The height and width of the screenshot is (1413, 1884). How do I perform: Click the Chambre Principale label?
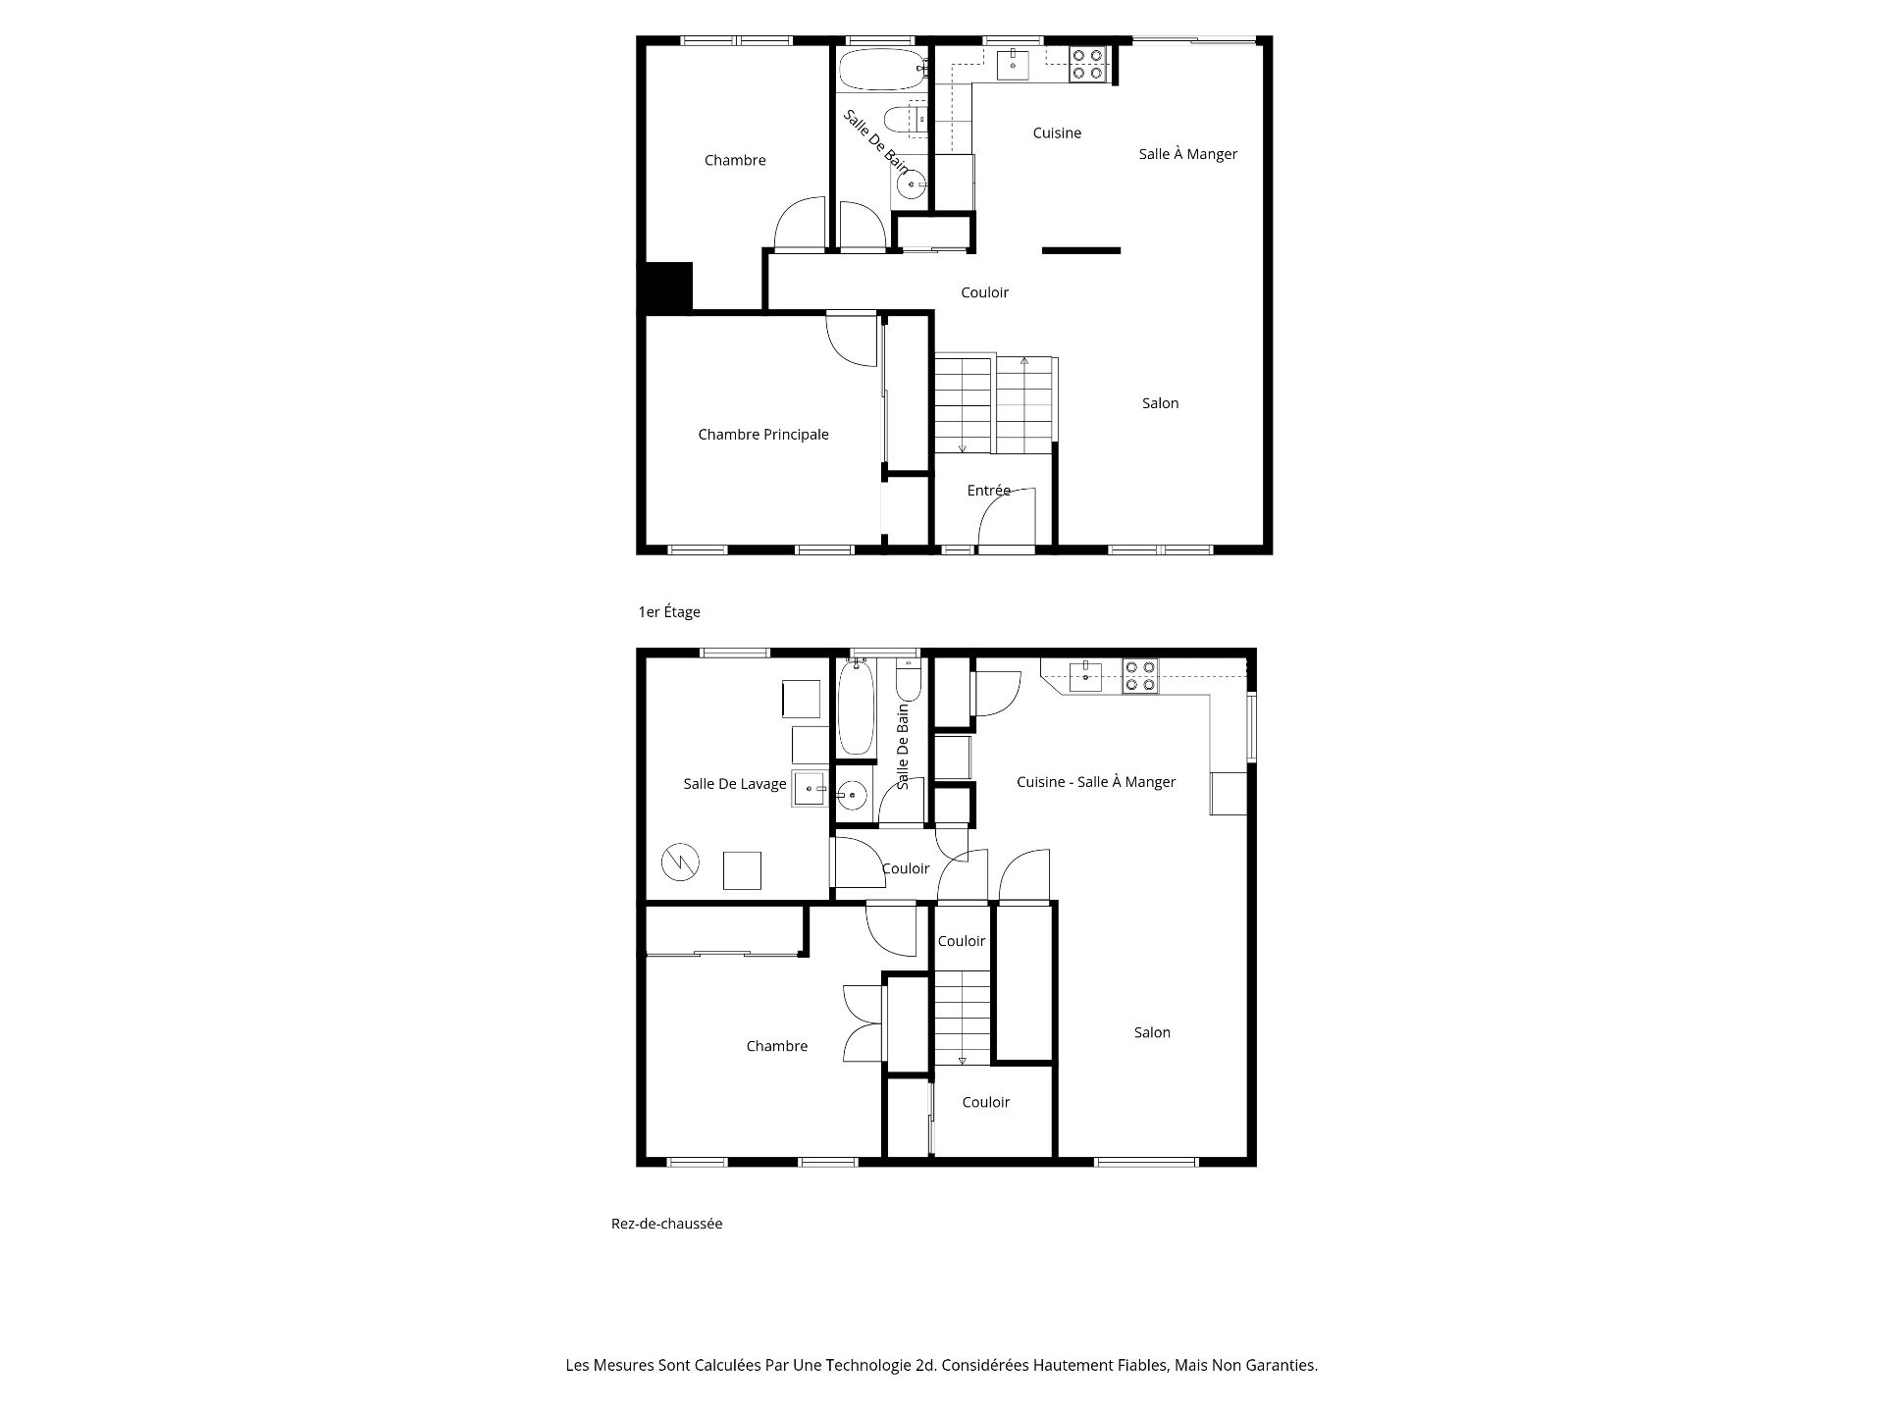[763, 435]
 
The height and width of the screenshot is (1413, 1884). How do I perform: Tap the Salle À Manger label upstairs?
[1187, 154]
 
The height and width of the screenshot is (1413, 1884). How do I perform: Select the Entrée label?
[988, 491]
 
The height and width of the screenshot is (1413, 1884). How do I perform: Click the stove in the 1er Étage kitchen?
[1087, 65]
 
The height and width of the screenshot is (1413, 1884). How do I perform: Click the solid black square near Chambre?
[668, 288]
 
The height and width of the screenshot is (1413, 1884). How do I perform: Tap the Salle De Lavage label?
[735, 784]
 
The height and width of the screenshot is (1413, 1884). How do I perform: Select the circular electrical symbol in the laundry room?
[680, 863]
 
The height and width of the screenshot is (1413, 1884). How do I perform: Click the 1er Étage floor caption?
[669, 612]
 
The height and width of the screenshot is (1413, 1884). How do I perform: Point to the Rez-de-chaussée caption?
[666, 1224]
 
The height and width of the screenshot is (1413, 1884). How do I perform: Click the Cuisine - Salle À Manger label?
[1096, 782]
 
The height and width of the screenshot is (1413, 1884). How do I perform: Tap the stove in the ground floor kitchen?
[1140, 676]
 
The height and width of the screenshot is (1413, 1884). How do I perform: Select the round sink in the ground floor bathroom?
[853, 795]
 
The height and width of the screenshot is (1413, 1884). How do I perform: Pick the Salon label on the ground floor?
[1152, 1032]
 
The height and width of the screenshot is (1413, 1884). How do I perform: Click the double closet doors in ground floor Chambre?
[863, 1023]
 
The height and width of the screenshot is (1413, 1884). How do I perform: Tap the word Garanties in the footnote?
[1278, 1365]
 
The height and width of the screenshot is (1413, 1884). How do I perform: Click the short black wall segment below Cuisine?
[1081, 251]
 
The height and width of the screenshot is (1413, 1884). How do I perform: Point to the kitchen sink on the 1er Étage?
[1013, 65]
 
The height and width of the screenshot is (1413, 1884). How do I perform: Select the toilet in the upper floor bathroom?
[905, 120]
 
